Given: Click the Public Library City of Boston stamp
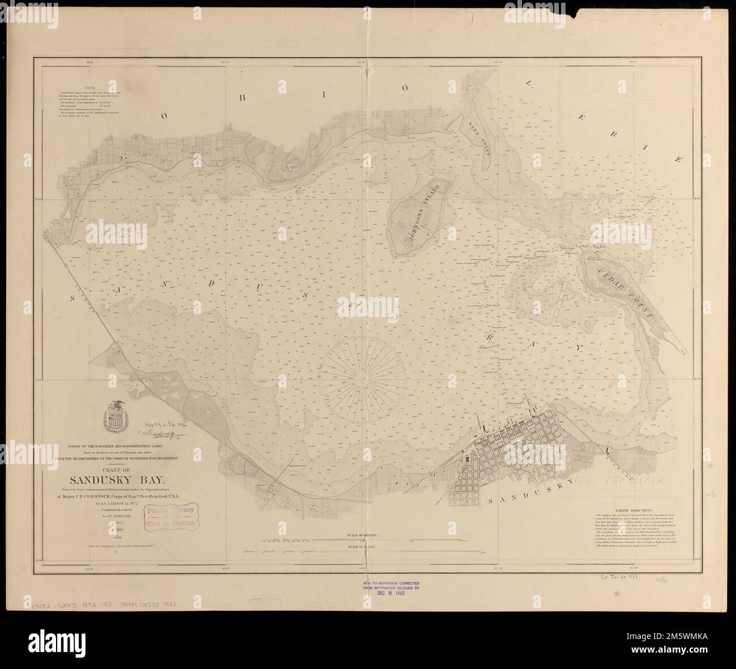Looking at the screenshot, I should [x=172, y=516].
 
